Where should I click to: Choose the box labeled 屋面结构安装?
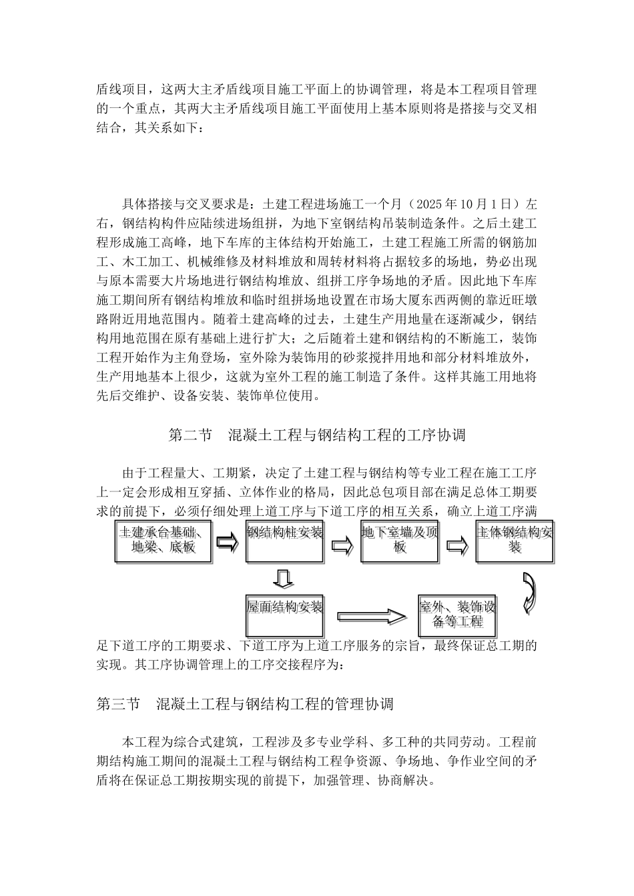pyautogui.click(x=285, y=615)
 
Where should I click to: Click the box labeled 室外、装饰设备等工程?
pyautogui.click(x=457, y=615)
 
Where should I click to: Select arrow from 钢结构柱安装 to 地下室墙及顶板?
pyautogui.click(x=343, y=545)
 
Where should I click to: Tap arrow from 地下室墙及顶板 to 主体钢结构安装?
pyautogui.click(x=457, y=545)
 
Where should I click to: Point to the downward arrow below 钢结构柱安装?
pyautogui.click(x=284, y=578)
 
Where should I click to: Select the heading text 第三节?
pyautogui.click(x=118, y=704)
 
